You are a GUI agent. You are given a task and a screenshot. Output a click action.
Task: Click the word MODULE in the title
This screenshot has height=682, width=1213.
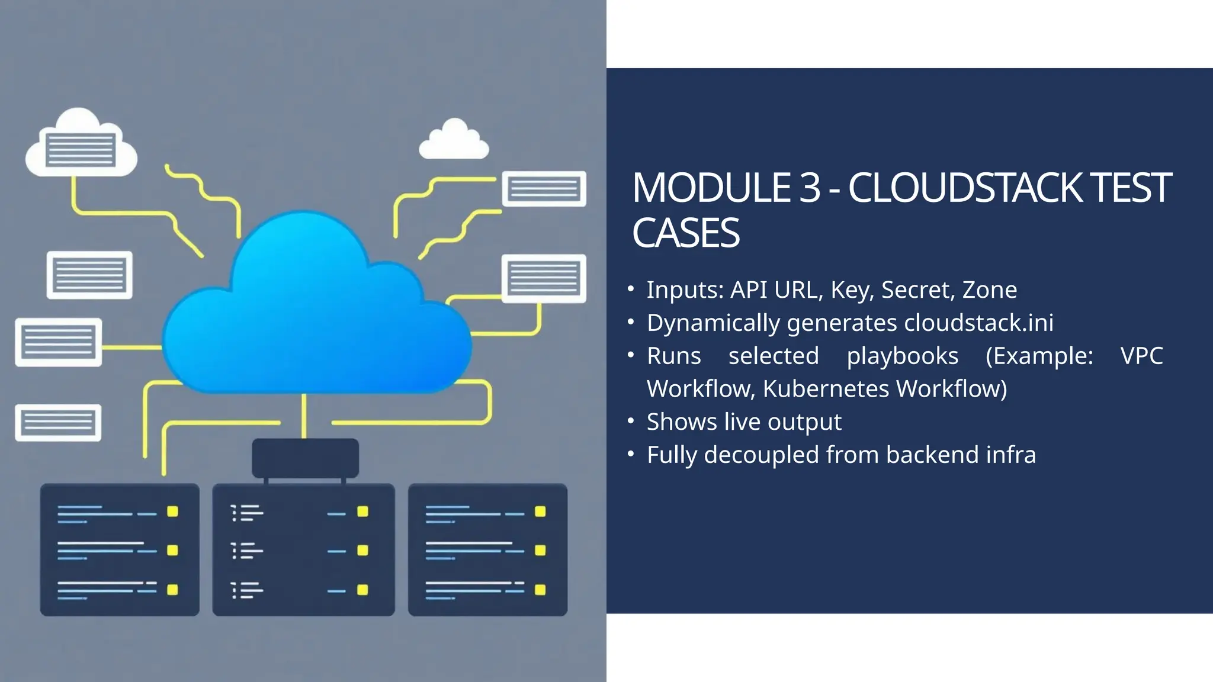pyautogui.click(x=711, y=188)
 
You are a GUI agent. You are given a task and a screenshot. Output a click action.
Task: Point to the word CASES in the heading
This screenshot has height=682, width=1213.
pyautogui.click(x=685, y=233)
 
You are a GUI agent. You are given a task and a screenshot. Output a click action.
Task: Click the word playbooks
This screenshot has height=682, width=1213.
pyautogui.click(x=902, y=356)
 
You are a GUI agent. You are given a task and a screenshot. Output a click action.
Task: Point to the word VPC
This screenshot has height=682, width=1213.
pyautogui.click(x=1141, y=356)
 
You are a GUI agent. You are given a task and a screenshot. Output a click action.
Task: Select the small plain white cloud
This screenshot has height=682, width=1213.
pyautogui.click(x=454, y=140)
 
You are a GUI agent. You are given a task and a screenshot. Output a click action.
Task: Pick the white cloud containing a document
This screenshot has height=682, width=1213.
pyautogui.click(x=81, y=144)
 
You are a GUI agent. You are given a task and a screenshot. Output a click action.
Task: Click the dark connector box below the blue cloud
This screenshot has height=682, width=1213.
pyautogui.click(x=305, y=458)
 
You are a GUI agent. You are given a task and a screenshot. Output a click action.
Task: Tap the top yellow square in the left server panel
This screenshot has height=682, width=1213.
pyautogui.click(x=172, y=511)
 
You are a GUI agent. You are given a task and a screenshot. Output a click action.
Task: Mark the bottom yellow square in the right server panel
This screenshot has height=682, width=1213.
pyautogui.click(x=540, y=590)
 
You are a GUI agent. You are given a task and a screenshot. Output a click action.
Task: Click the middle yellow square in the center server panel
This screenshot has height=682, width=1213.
pyautogui.click(x=362, y=551)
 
